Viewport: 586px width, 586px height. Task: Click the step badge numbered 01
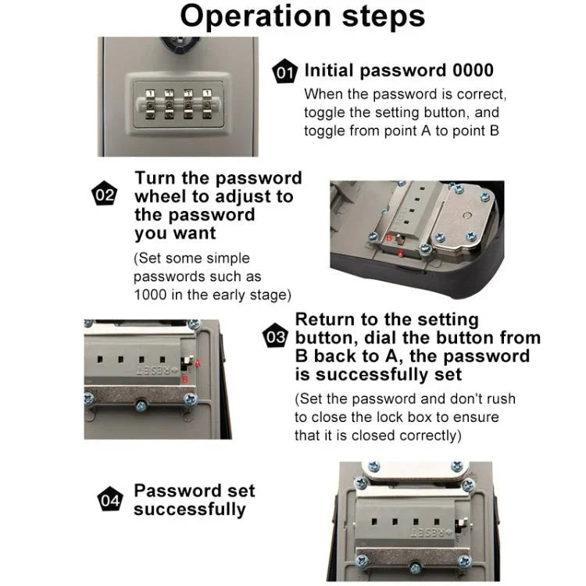coord(284,73)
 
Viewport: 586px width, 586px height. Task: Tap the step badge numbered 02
coord(104,196)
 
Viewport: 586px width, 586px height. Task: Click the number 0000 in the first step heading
coord(473,71)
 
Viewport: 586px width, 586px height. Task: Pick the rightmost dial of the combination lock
coord(207,102)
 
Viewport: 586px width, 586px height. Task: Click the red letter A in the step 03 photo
coord(198,362)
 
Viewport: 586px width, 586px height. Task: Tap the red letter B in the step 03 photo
coord(184,380)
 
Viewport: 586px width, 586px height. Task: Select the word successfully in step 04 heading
coord(189,509)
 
